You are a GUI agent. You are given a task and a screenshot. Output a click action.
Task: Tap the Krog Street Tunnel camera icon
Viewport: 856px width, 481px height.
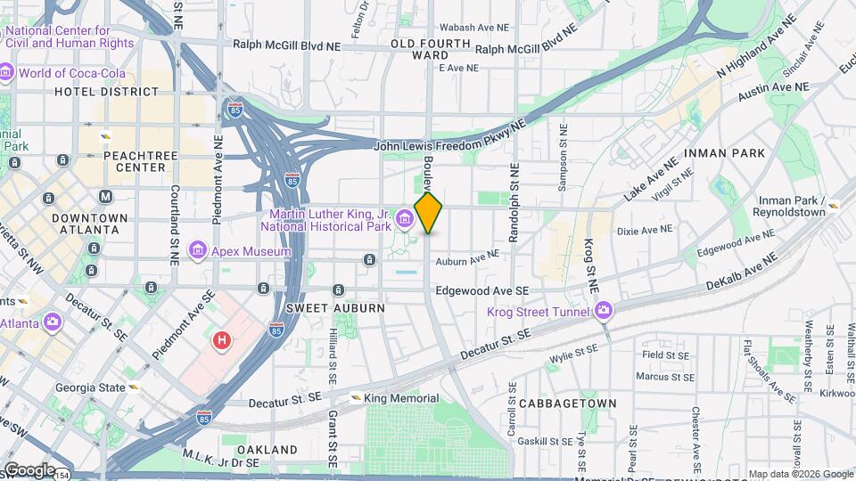tap(605, 309)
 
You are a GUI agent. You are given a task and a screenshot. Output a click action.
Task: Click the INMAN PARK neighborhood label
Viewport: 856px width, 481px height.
tap(724, 153)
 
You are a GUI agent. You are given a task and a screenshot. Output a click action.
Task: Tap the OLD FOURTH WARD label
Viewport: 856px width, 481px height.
tap(430, 49)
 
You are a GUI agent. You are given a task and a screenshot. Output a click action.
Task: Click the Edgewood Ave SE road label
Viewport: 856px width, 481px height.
tap(482, 291)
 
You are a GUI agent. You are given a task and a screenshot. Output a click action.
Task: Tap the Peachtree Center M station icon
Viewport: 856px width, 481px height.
tap(106, 196)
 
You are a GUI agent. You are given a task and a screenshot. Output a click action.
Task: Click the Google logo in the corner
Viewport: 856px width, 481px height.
tap(29, 469)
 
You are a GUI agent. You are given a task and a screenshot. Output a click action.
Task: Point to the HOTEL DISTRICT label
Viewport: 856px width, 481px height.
tap(106, 91)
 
